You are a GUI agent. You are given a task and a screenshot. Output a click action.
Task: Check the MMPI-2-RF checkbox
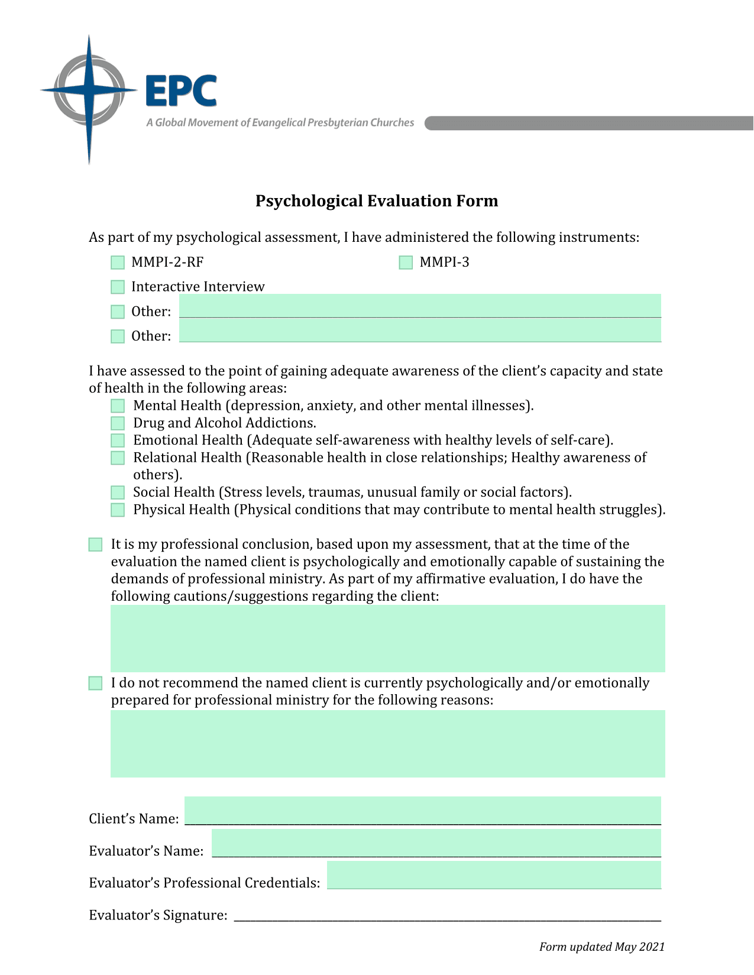tap(118, 263)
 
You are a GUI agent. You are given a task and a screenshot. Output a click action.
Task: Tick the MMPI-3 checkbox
tap(406, 263)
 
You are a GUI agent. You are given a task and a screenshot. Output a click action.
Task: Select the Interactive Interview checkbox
tap(118, 287)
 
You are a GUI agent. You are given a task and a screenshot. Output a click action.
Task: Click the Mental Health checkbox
tap(118, 406)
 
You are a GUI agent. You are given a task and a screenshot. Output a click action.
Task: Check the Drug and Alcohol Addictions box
tap(118, 423)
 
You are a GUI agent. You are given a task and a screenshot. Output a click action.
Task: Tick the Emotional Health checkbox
tap(118, 440)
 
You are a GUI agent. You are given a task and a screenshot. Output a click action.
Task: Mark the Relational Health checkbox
tap(118, 458)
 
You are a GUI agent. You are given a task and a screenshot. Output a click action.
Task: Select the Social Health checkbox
tap(118, 493)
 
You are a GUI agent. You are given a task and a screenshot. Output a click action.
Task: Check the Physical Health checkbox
tap(118, 510)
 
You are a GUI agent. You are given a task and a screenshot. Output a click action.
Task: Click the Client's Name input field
tap(422, 811)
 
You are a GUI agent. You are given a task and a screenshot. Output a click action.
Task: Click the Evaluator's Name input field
tap(436, 843)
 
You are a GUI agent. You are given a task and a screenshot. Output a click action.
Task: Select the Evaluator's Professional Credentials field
tap(494, 874)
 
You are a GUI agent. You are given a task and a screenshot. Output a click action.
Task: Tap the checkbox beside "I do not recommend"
tap(95, 684)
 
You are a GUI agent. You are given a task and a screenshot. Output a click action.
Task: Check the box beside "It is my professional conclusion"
tap(95, 545)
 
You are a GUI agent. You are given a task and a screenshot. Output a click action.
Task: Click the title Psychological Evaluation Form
tap(377, 201)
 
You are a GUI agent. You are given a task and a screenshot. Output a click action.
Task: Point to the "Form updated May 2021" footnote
tap(601, 947)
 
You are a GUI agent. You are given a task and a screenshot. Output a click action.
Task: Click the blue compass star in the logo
tap(89, 92)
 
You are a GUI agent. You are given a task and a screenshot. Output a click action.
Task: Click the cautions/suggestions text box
tap(387, 638)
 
